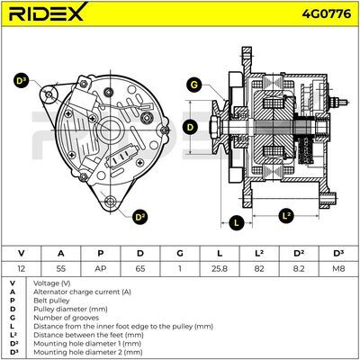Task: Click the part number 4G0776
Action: coord(327,13)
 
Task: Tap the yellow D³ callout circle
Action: coord(21,80)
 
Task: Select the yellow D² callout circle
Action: coord(140,217)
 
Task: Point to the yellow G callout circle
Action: coord(194,85)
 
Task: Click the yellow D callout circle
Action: coord(190,127)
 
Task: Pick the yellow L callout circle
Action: coord(237,222)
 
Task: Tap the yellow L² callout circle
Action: coord(286,215)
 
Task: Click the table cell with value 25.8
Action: coord(220,268)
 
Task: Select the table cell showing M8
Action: coord(338,268)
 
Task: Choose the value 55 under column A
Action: coord(60,268)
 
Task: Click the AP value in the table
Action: coord(101,268)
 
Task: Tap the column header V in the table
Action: coord(21,254)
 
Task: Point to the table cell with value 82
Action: coord(259,268)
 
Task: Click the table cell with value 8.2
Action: coord(299,268)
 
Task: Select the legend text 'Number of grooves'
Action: coord(66,318)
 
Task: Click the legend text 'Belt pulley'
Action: coord(51,301)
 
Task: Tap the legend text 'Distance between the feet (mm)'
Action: coord(88,335)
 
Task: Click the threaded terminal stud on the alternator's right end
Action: coord(338,102)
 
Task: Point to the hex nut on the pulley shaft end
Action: coord(213,127)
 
